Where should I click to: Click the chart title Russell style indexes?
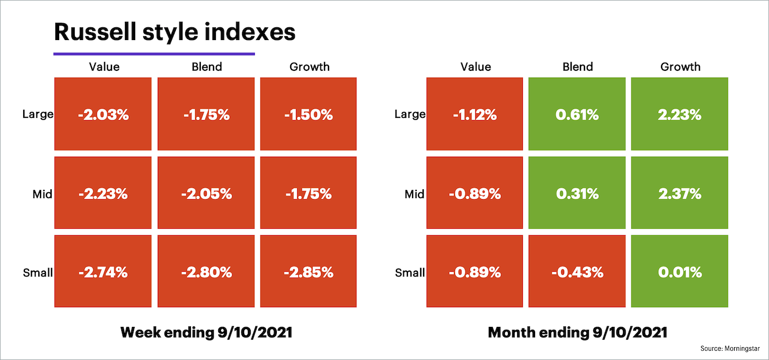[175, 32]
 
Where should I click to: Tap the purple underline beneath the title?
[154, 54]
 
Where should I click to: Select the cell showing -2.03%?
[103, 114]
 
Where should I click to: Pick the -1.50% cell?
[308, 114]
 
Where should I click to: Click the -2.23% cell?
[103, 193]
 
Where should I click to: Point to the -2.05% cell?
[206, 193]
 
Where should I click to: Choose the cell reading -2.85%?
[308, 272]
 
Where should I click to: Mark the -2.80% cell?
[206, 272]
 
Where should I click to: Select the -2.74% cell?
[103, 272]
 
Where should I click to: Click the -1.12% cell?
[475, 114]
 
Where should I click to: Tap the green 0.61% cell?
[577, 114]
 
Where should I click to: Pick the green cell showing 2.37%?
[680, 193]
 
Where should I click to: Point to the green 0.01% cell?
[680, 272]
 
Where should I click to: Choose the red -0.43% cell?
[577, 272]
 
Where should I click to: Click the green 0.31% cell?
[577, 193]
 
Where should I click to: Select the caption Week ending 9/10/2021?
[206, 333]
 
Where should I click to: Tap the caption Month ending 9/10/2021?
[577, 333]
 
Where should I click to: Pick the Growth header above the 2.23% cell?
[680, 67]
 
